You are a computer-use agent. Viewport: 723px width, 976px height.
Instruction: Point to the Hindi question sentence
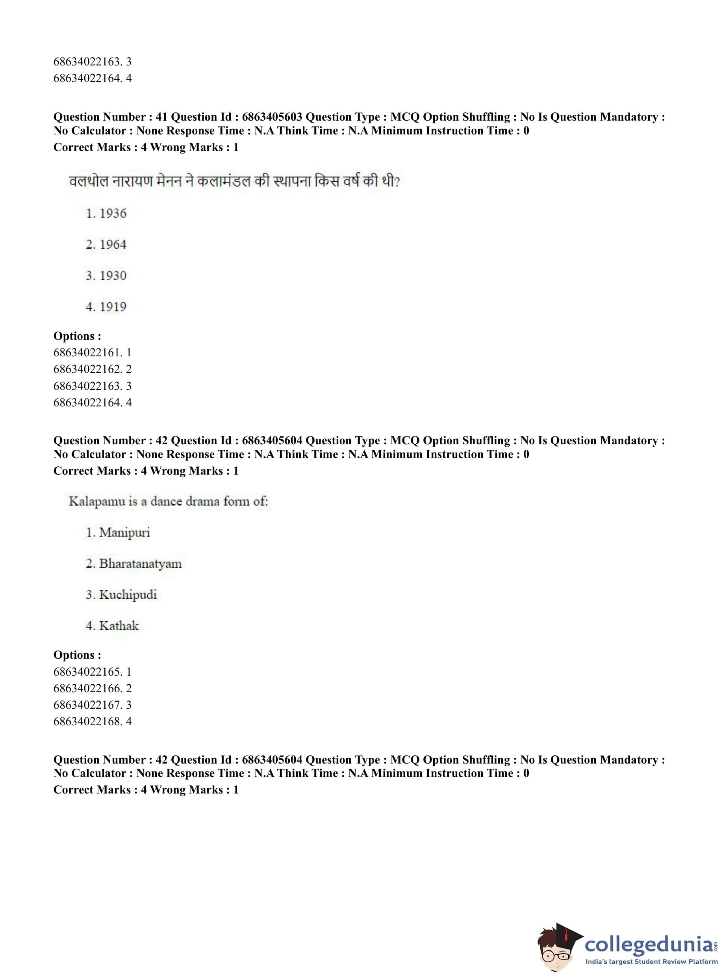point(235,181)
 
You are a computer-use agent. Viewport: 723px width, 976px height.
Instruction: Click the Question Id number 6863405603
point(272,117)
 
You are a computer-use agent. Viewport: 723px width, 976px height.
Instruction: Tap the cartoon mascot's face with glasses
point(554,951)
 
